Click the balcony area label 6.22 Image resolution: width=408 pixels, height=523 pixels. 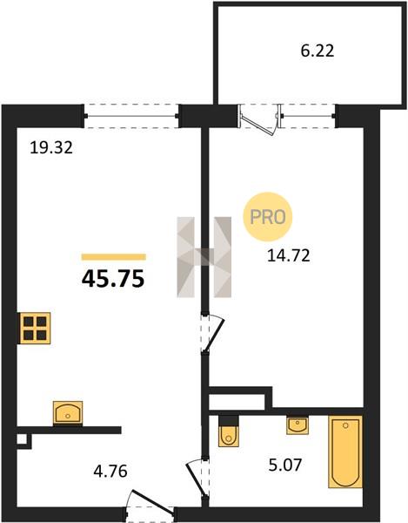318,51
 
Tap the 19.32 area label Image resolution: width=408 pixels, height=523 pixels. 51,147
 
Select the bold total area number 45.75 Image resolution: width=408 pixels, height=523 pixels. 113,279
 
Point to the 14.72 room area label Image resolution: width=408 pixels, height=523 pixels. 289,255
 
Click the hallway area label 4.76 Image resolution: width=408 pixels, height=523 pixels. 110,472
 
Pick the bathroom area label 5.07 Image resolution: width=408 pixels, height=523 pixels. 285,465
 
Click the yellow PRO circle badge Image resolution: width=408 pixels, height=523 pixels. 268,217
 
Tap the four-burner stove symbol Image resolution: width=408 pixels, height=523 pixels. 35,328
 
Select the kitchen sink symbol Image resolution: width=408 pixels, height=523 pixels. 68,413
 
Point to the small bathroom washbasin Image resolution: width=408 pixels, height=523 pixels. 298,425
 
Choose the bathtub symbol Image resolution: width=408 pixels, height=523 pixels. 345,452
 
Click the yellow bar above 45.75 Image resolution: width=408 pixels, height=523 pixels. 114,257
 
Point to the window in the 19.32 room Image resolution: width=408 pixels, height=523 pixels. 131,116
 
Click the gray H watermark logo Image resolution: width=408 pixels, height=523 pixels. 204,257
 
